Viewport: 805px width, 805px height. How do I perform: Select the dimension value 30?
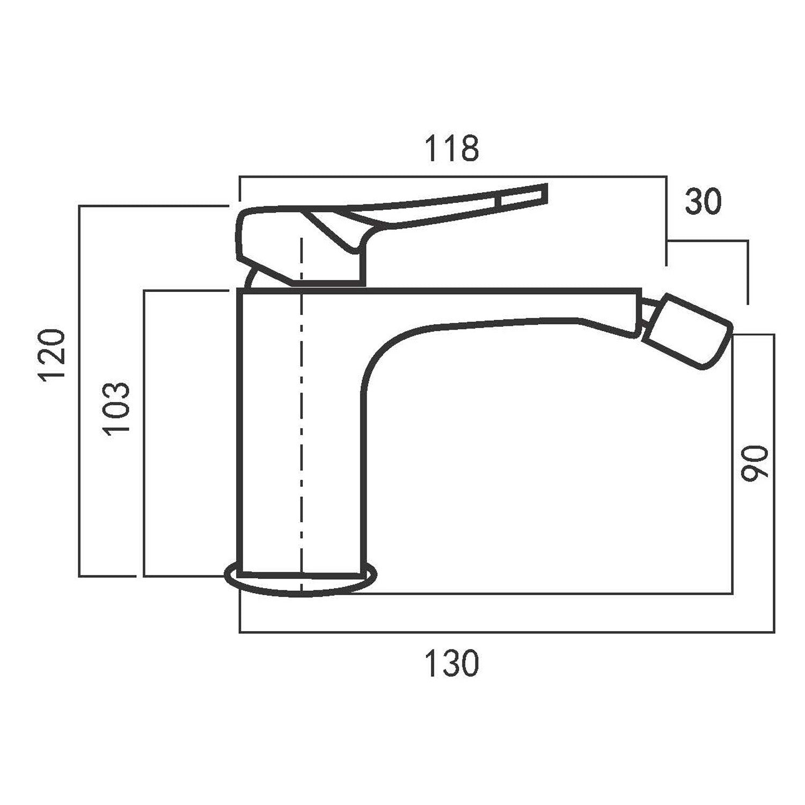pyautogui.click(x=703, y=202)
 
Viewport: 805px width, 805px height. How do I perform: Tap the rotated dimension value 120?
pyautogui.click(x=54, y=355)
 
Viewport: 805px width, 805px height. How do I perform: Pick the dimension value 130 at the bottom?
pyautogui.click(x=451, y=663)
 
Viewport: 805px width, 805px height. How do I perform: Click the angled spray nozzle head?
pyautogui.click(x=689, y=331)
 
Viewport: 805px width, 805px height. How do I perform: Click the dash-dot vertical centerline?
pyautogui.click(x=302, y=429)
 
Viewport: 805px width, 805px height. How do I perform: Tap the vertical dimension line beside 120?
pyautogui.click(x=79, y=392)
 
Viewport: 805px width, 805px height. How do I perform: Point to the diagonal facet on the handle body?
pyautogui.click(x=333, y=231)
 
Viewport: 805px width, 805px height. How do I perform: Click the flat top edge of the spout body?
pyautogui.click(x=440, y=290)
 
